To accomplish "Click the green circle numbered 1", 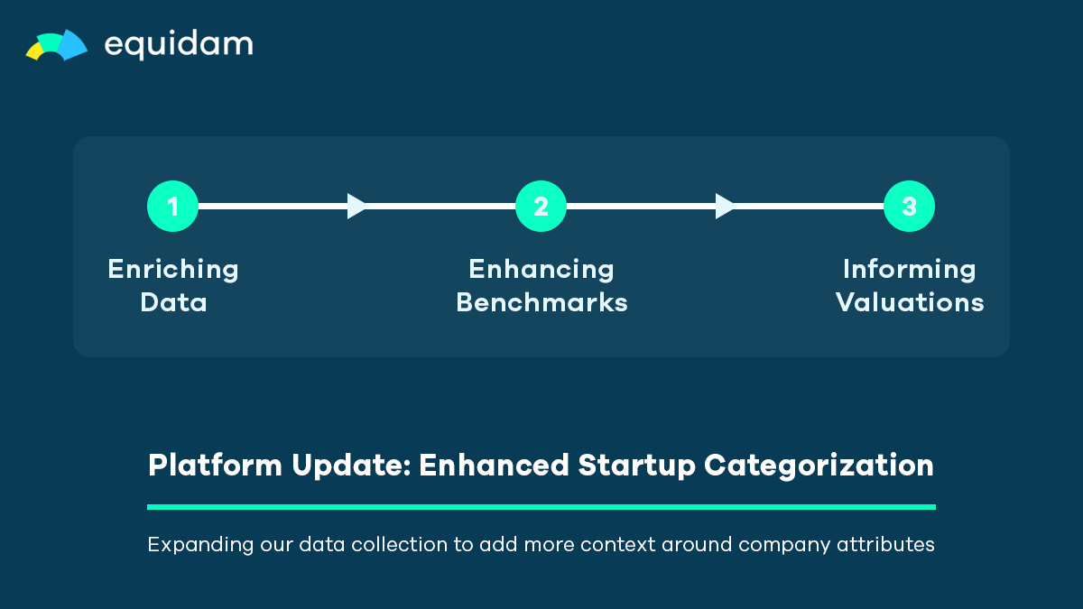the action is [x=172, y=207].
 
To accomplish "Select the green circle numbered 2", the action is [x=541, y=207].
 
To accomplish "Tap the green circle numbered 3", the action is [x=910, y=207].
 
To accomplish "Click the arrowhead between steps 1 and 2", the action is [x=357, y=207].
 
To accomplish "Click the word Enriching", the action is [x=173, y=270].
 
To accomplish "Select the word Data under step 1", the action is [x=173, y=302].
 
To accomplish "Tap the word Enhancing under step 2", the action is [x=541, y=270].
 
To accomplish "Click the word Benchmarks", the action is [x=541, y=302].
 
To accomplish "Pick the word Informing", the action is [x=910, y=270].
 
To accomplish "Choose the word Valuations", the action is [x=910, y=302].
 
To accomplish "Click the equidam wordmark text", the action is [x=179, y=45].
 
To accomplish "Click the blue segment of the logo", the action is [x=72, y=45].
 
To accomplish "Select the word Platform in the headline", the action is [x=215, y=465].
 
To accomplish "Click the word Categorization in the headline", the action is [x=819, y=466].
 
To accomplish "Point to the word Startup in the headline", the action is [x=637, y=466].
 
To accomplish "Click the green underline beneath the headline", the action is [x=541, y=507].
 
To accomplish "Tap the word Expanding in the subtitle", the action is [x=200, y=545].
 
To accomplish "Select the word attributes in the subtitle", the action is [x=885, y=544].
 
